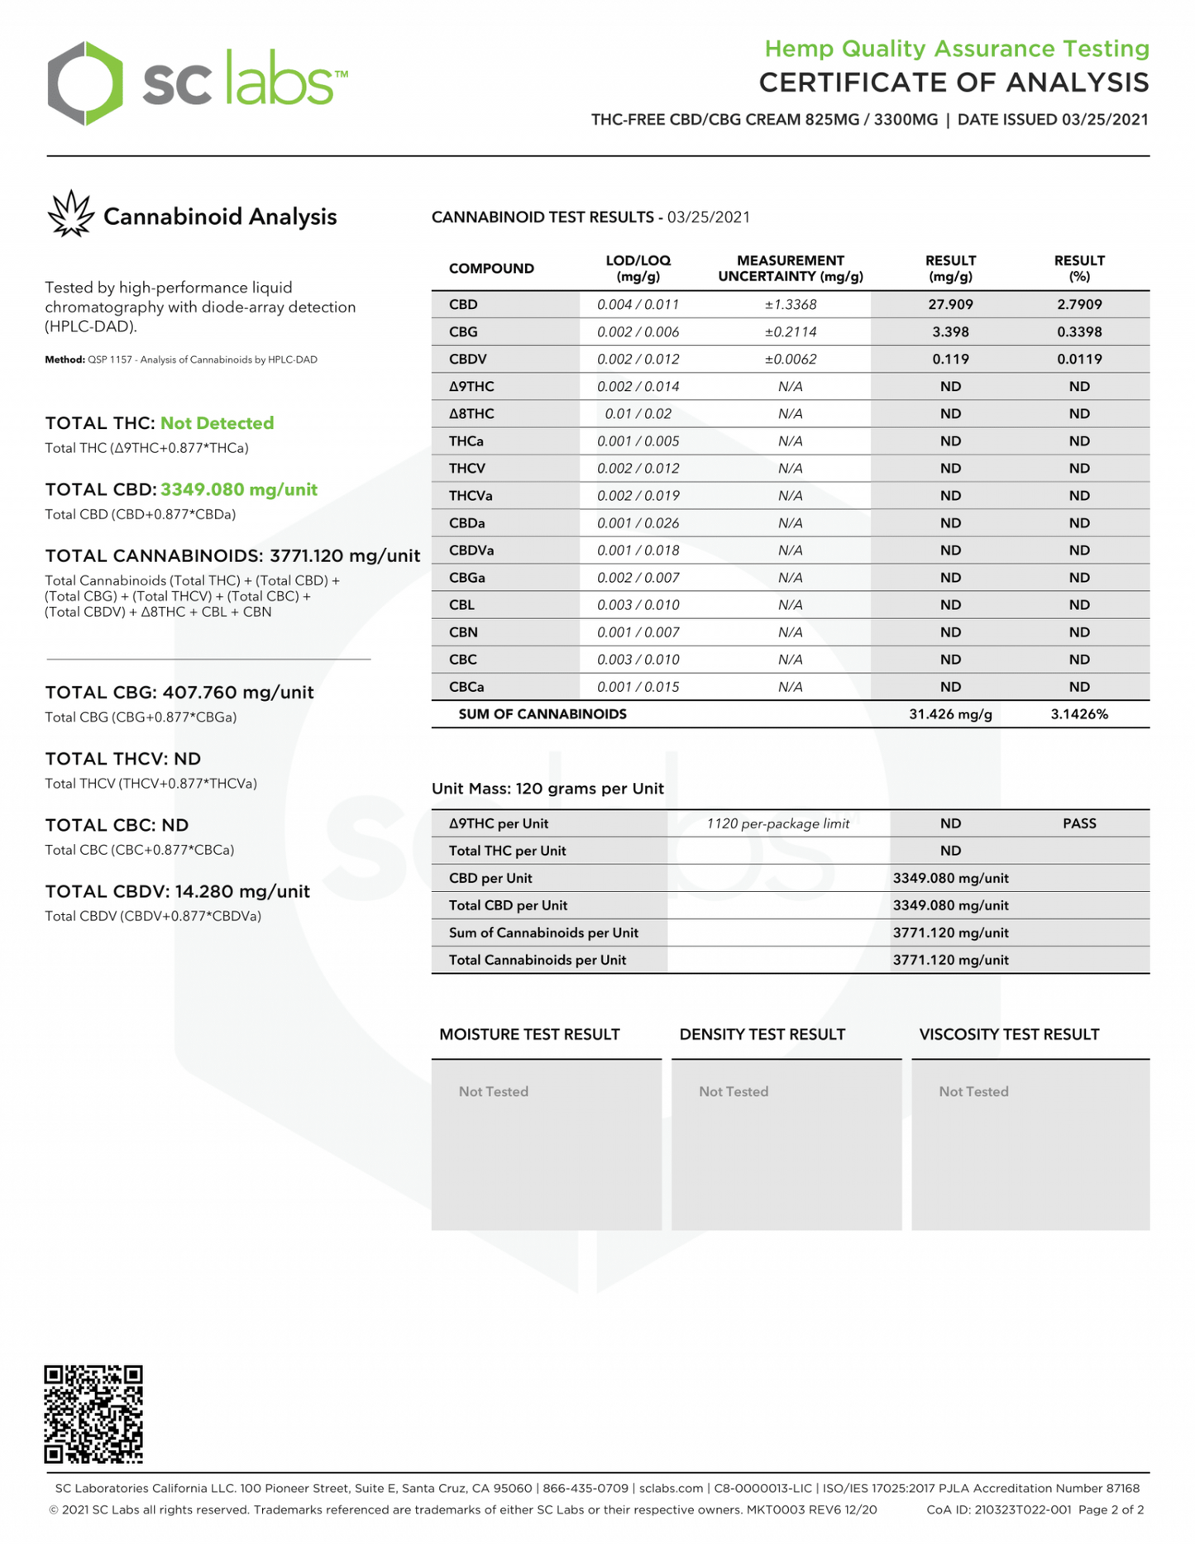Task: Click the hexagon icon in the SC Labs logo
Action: click(85, 83)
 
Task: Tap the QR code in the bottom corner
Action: click(93, 1414)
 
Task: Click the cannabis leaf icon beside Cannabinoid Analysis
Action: click(70, 215)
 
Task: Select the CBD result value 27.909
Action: click(950, 304)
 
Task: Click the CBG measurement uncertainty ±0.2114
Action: click(790, 331)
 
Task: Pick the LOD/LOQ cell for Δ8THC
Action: click(638, 413)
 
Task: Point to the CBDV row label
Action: click(467, 359)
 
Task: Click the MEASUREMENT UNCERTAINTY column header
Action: click(790, 268)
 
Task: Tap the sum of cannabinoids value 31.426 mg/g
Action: click(950, 714)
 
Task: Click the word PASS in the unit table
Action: click(1079, 823)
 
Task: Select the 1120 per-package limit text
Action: click(777, 823)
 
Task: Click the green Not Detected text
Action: click(217, 423)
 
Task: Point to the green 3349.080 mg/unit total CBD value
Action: click(239, 489)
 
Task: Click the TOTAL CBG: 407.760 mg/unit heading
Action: click(179, 693)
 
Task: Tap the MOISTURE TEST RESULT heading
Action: click(529, 1034)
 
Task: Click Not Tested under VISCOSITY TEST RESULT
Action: click(973, 1091)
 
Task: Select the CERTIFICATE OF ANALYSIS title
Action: click(954, 83)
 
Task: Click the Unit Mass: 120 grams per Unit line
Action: click(547, 789)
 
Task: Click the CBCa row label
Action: click(466, 687)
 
